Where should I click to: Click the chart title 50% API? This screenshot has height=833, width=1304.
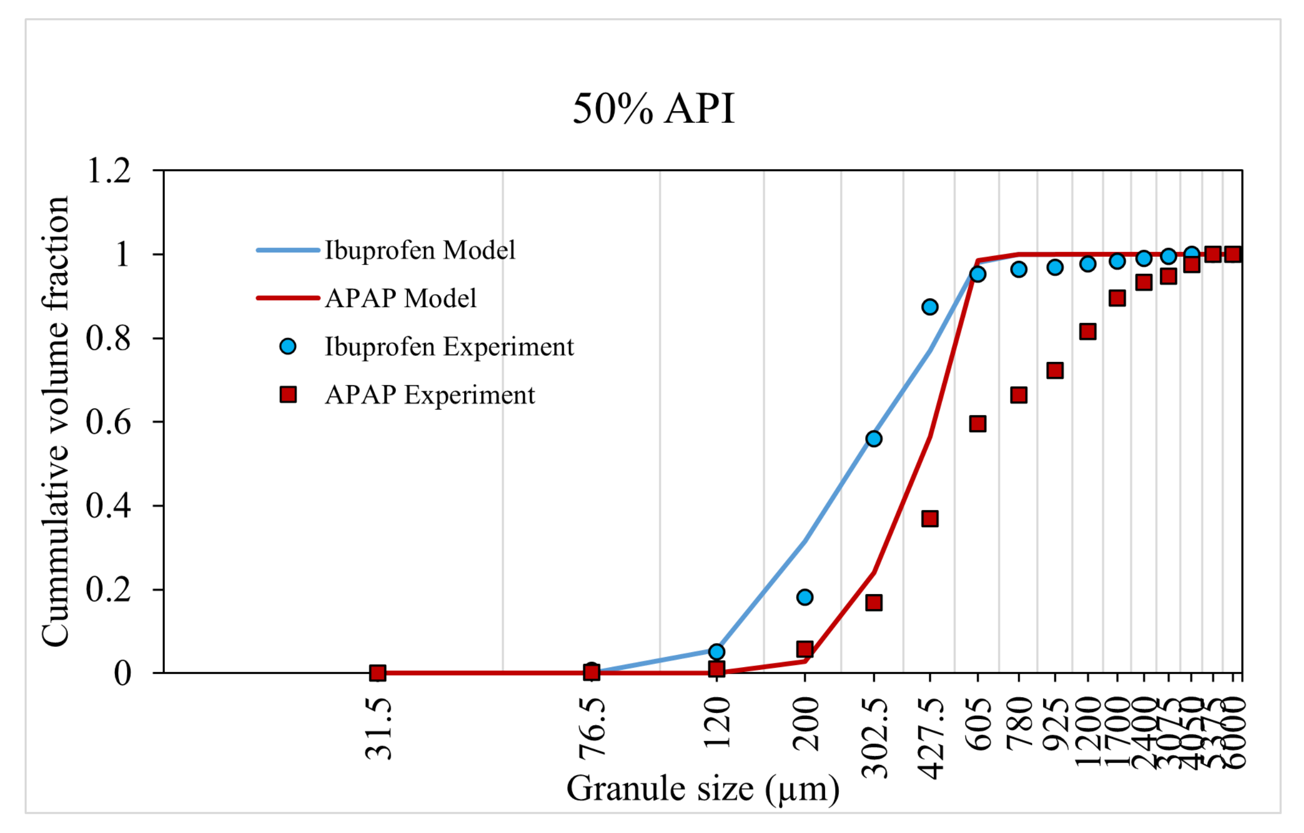(x=653, y=108)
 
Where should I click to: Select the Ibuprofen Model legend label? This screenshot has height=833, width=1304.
(x=419, y=251)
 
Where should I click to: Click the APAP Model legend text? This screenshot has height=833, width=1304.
(x=400, y=299)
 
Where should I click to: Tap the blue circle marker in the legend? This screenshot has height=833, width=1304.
(x=288, y=346)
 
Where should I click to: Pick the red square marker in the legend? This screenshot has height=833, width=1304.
(x=288, y=394)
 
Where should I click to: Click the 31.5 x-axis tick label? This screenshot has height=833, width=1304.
(x=378, y=728)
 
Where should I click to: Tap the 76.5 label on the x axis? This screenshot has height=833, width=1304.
(x=591, y=728)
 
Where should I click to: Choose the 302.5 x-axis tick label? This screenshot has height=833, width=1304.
(x=874, y=737)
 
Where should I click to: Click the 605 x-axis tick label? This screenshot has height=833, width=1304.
(x=978, y=723)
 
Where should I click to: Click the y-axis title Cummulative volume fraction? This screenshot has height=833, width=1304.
(x=55, y=421)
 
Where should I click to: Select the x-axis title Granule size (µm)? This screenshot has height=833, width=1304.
(x=703, y=788)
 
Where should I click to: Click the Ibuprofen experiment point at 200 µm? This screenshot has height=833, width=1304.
(x=805, y=597)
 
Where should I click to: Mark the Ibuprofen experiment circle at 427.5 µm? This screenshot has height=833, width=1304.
(x=930, y=308)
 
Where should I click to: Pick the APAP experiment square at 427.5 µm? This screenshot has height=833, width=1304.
(x=930, y=518)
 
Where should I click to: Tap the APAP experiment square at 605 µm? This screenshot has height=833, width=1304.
(x=977, y=424)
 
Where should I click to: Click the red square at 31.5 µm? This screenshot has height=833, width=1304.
(x=378, y=673)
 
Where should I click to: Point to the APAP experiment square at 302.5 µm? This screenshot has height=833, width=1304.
(x=873, y=602)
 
